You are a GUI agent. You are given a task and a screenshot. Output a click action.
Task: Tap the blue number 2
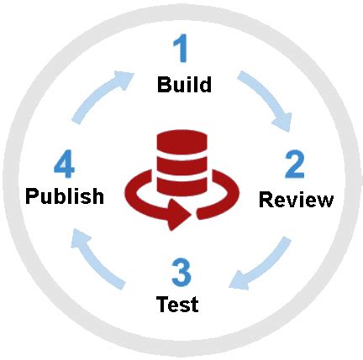tap(294, 164)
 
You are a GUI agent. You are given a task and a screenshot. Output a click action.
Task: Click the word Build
tap(183, 86)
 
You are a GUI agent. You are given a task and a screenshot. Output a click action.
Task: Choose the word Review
tap(296, 200)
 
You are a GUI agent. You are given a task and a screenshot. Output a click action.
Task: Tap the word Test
tap(177, 304)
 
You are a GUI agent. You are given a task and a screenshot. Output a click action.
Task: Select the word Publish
tap(65, 196)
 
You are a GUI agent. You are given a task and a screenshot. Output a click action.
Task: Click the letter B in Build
tap(164, 86)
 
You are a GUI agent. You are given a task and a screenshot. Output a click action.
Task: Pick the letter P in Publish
tap(32, 196)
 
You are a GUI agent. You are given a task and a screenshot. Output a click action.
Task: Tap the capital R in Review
tap(266, 200)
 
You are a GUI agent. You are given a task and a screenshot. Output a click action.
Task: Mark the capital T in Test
tap(162, 304)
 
